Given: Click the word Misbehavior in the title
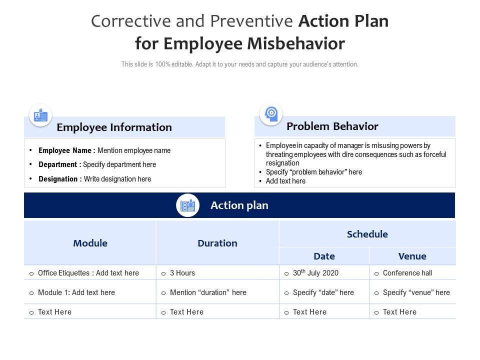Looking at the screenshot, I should point(296,44).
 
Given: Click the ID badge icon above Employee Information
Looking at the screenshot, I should point(40,115).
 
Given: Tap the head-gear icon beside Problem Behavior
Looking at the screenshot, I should point(271,113).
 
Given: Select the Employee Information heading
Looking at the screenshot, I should point(114,127).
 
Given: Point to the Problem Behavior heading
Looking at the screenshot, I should point(332,126).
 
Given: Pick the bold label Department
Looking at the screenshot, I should point(60,164).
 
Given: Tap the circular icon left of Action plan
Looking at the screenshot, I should point(187,205).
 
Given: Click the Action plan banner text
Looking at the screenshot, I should point(239,205).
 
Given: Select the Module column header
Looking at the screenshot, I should point(90,243).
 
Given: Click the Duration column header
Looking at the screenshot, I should point(217,243).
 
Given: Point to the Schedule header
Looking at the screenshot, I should point(367,234).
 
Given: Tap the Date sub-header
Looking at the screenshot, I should point(324,256).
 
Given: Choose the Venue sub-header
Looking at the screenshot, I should point(412,256).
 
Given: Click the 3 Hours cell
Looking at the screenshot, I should point(182,273).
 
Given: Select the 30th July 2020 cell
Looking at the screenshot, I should point(315,273).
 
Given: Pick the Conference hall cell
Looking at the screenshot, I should point(407,273).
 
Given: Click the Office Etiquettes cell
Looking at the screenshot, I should point(88,273).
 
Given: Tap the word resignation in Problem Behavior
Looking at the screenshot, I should point(282,163).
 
